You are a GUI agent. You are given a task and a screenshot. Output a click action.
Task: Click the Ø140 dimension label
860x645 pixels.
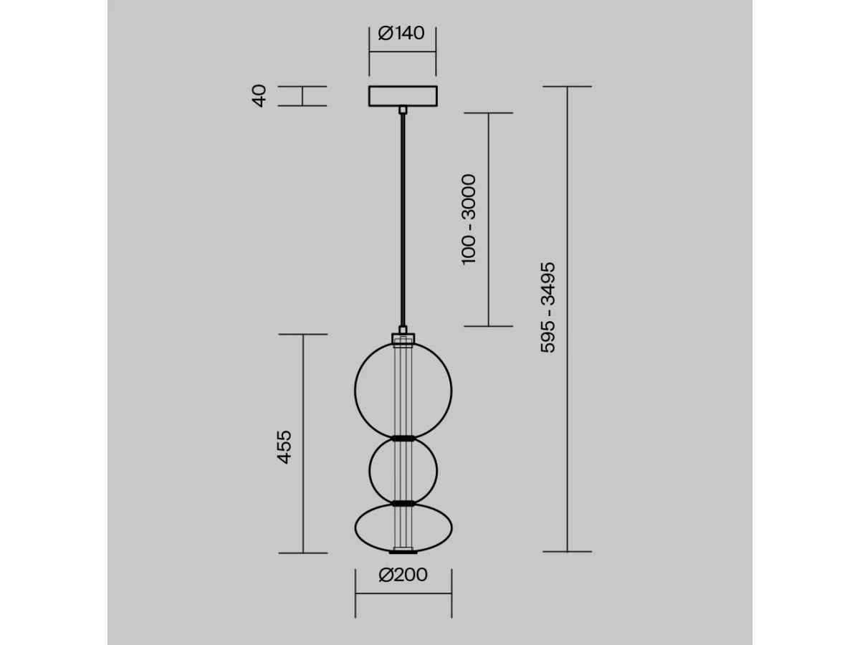pyautogui.click(x=401, y=33)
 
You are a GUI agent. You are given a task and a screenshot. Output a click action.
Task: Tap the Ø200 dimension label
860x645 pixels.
pyautogui.click(x=403, y=575)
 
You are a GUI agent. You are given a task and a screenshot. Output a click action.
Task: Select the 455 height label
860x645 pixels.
pyautogui.click(x=285, y=447)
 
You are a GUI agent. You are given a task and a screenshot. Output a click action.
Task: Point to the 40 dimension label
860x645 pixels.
pyautogui.click(x=259, y=96)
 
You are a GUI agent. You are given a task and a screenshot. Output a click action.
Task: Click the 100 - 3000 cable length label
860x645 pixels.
pyautogui.click(x=469, y=219)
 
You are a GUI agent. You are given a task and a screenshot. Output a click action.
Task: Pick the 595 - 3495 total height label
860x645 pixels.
pyautogui.click(x=548, y=307)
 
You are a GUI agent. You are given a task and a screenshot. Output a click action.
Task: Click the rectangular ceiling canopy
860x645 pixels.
pyautogui.click(x=403, y=96)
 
